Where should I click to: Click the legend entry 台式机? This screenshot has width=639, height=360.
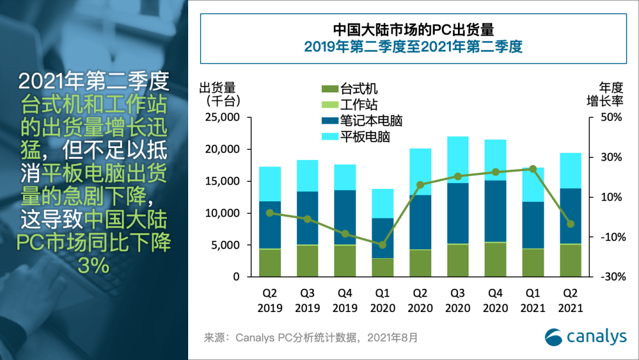359,89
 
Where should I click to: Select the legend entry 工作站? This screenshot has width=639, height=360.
359,105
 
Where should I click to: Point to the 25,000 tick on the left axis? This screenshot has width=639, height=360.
220,117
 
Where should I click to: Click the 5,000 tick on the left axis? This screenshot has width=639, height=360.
223,245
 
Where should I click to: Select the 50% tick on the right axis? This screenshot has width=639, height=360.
612,117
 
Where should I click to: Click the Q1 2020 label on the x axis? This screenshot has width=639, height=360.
382,301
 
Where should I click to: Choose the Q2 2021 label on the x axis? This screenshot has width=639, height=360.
570,301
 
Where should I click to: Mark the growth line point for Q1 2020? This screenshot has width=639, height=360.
383,245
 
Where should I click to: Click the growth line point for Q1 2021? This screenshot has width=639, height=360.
532,169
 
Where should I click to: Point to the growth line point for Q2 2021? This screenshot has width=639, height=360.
570,224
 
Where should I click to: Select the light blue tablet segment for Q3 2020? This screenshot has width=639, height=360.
457,160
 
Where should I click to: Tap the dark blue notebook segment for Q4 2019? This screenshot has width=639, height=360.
345,217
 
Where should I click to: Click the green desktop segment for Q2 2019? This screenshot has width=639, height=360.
270,263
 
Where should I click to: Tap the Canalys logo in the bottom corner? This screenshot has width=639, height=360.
585,336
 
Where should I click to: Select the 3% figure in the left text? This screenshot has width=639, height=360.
93,266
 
